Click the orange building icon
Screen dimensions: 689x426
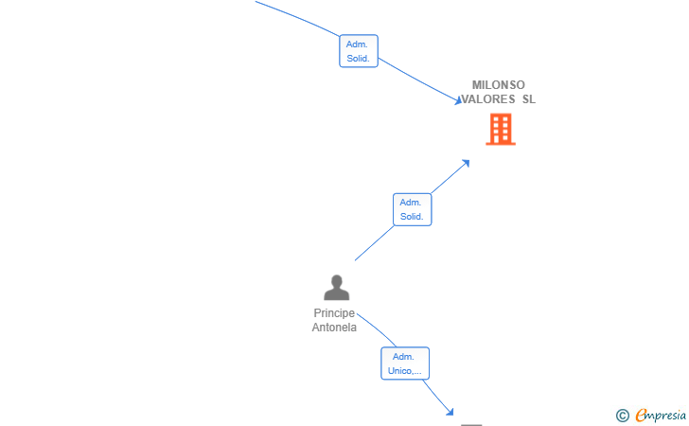501,130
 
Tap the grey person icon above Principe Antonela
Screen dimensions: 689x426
337,288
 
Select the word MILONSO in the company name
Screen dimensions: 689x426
498,85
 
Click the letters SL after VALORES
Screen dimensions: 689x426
529,99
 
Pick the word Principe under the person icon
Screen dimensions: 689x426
334,313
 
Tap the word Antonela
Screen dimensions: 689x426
334,328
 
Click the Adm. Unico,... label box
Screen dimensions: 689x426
405,364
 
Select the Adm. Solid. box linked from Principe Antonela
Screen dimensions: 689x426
413,210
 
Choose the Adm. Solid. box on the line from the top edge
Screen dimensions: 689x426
359,51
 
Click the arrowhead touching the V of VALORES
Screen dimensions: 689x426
458,100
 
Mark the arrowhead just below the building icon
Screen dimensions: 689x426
466,164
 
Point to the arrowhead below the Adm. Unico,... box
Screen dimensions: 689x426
450,412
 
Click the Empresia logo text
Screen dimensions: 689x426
661,415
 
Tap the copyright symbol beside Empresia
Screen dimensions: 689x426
622,416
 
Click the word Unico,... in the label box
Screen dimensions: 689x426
405,371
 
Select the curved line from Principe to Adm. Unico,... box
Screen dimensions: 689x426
377,329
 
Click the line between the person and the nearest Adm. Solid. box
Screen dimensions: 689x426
375,243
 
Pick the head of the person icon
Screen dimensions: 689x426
337,281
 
